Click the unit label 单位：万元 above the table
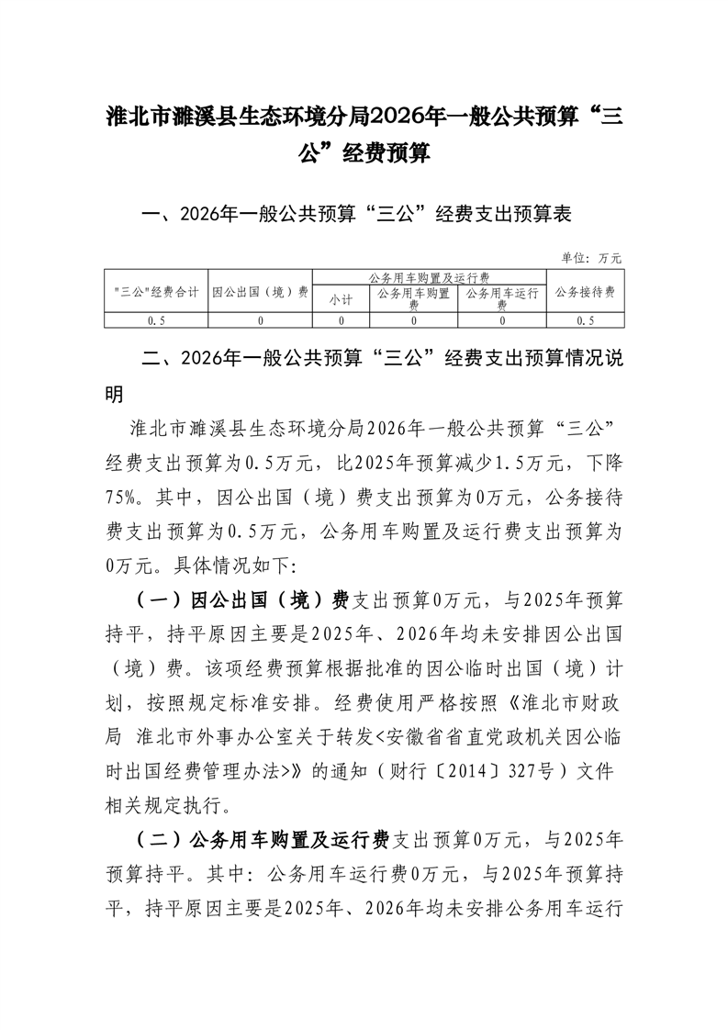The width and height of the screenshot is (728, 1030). coord(591,258)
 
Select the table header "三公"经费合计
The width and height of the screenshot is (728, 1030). coord(156,292)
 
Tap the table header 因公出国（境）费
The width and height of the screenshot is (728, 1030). coord(260,292)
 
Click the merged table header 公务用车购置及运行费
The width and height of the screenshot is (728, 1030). coord(429,276)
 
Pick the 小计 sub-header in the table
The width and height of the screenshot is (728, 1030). coord(341,298)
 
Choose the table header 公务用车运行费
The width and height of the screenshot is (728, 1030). coord(501,298)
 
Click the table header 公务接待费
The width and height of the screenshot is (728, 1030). coord(585,292)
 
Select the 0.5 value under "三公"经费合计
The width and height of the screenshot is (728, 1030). coord(156,320)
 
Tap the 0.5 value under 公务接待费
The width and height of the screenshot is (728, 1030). coord(585,320)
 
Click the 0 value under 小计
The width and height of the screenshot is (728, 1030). coord(341,320)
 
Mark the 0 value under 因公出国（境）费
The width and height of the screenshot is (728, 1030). coord(260,320)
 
